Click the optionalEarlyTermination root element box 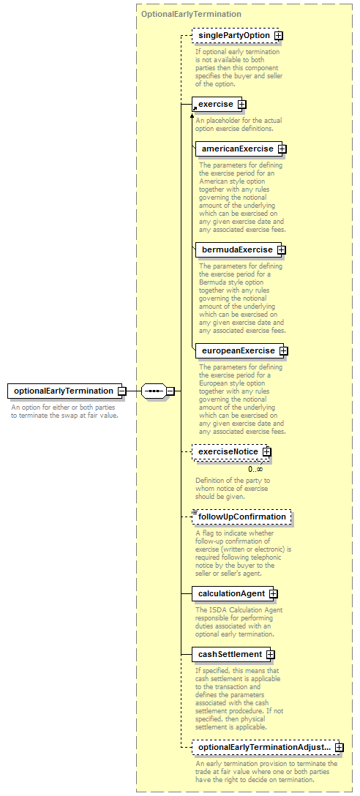pyautogui.click(x=65, y=391)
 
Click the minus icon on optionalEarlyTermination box pyautogui.click(x=122, y=391)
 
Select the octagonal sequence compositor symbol pyautogui.click(x=154, y=391)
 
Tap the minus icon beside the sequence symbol pyautogui.click(x=170, y=391)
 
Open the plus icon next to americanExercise pyautogui.click(x=282, y=149)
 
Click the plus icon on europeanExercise pyautogui.click(x=284, y=350)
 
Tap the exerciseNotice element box pyautogui.click(x=231, y=452)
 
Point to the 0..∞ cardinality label pyautogui.click(x=255, y=469)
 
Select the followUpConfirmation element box pyautogui.click(x=241, y=517)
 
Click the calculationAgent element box pyautogui.click(x=235, y=593)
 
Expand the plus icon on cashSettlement pyautogui.click(x=270, y=654)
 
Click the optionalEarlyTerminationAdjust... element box pyautogui.click(x=268, y=747)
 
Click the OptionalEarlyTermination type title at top pyautogui.click(x=191, y=14)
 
